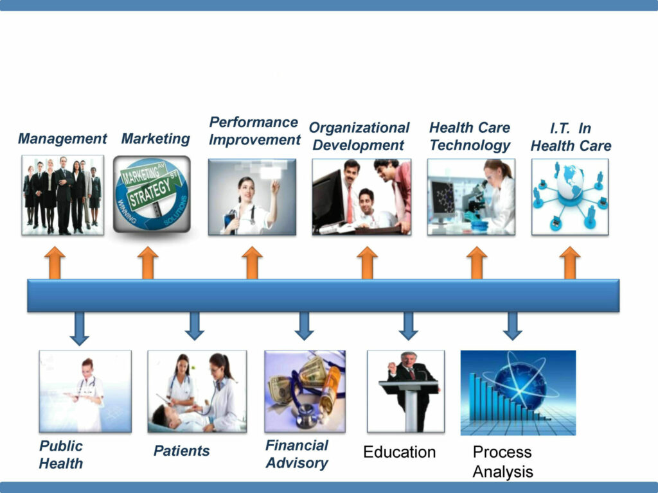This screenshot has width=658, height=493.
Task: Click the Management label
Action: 62,139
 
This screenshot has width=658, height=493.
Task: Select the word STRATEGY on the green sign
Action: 150,193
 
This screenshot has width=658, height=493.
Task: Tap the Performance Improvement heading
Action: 254,131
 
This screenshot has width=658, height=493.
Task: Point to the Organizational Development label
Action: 359,136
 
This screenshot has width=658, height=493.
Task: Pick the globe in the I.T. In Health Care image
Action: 571,182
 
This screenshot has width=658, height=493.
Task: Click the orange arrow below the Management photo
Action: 55,263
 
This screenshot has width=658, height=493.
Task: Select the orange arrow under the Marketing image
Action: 148,263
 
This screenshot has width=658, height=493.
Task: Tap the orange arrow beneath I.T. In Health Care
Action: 570,263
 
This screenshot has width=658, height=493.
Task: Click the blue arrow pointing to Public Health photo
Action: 79,328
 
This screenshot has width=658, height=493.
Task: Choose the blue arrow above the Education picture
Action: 408,325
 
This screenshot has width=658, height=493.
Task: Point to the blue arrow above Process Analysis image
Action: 512,325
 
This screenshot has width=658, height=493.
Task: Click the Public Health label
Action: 61,454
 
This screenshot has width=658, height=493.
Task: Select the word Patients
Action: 182,451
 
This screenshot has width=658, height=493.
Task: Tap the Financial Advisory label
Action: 297,454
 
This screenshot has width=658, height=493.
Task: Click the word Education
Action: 400,452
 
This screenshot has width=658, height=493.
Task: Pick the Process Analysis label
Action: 502,462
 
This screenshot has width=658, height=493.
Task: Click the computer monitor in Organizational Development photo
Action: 328,198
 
